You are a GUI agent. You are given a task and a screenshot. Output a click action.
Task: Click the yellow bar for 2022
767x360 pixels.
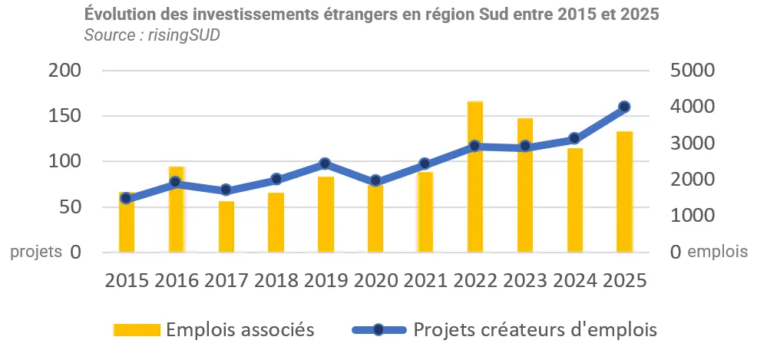coord(475,177)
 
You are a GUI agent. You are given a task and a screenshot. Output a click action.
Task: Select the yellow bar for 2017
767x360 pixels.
coord(226,226)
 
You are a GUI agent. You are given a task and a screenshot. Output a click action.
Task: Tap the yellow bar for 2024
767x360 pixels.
coord(575,200)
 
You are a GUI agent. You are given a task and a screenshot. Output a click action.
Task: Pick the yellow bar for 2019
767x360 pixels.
coord(326,215)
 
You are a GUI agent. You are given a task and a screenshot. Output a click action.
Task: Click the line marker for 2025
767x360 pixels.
coord(624,107)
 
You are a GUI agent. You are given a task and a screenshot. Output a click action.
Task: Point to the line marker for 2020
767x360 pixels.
coord(375,181)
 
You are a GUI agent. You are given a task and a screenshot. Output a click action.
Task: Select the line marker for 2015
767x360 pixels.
coord(127,199)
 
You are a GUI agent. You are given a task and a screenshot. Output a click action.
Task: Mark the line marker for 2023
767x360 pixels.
coord(525,147)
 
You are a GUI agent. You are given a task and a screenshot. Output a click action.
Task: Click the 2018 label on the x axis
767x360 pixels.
coord(276,280)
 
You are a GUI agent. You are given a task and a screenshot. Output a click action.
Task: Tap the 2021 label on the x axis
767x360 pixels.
coord(425,280)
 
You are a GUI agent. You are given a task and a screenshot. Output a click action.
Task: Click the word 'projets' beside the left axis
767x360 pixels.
coord(36,253)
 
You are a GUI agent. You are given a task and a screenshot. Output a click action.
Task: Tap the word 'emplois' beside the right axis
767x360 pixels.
coord(717,253)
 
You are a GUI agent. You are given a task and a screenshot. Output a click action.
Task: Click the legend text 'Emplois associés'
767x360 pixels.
coord(240,330)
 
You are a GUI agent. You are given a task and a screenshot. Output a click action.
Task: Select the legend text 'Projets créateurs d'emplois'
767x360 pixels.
coord(534,330)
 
